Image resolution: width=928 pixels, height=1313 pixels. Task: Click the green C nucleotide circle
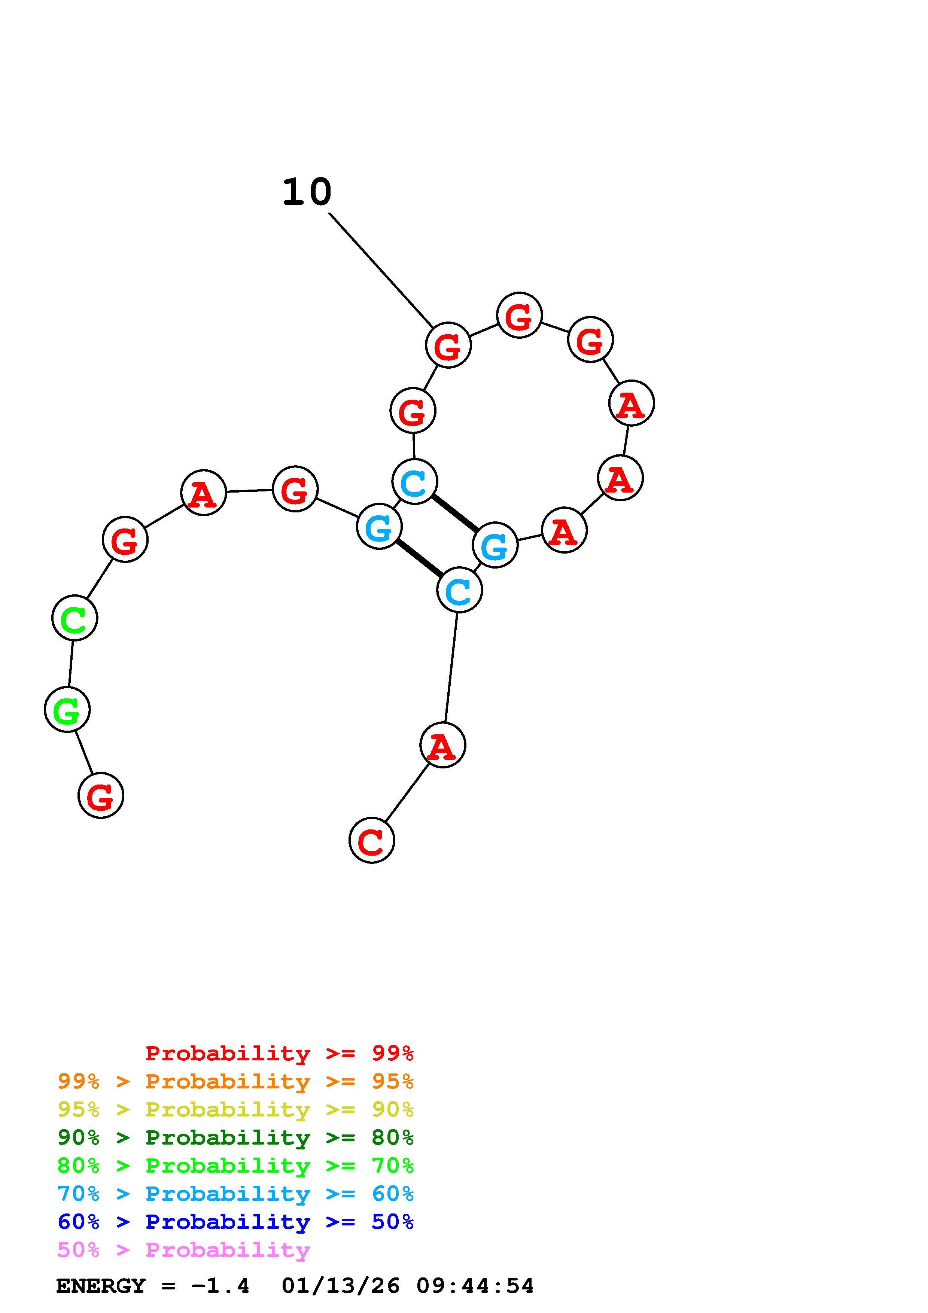point(74,618)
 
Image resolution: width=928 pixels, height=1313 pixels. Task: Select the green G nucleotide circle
point(67,710)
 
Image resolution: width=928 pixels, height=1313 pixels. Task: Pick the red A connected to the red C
point(442,745)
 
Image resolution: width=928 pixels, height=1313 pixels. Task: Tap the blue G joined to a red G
point(379,526)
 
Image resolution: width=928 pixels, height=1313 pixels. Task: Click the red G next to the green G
point(101,795)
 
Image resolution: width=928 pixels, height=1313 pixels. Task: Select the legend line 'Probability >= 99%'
point(280,1053)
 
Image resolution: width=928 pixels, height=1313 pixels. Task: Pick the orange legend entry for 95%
point(235,1081)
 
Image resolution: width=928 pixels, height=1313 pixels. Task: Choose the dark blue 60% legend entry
point(235,1222)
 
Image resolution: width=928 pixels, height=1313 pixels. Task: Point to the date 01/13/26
point(341,1286)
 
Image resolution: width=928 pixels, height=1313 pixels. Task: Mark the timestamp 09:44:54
point(475,1286)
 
